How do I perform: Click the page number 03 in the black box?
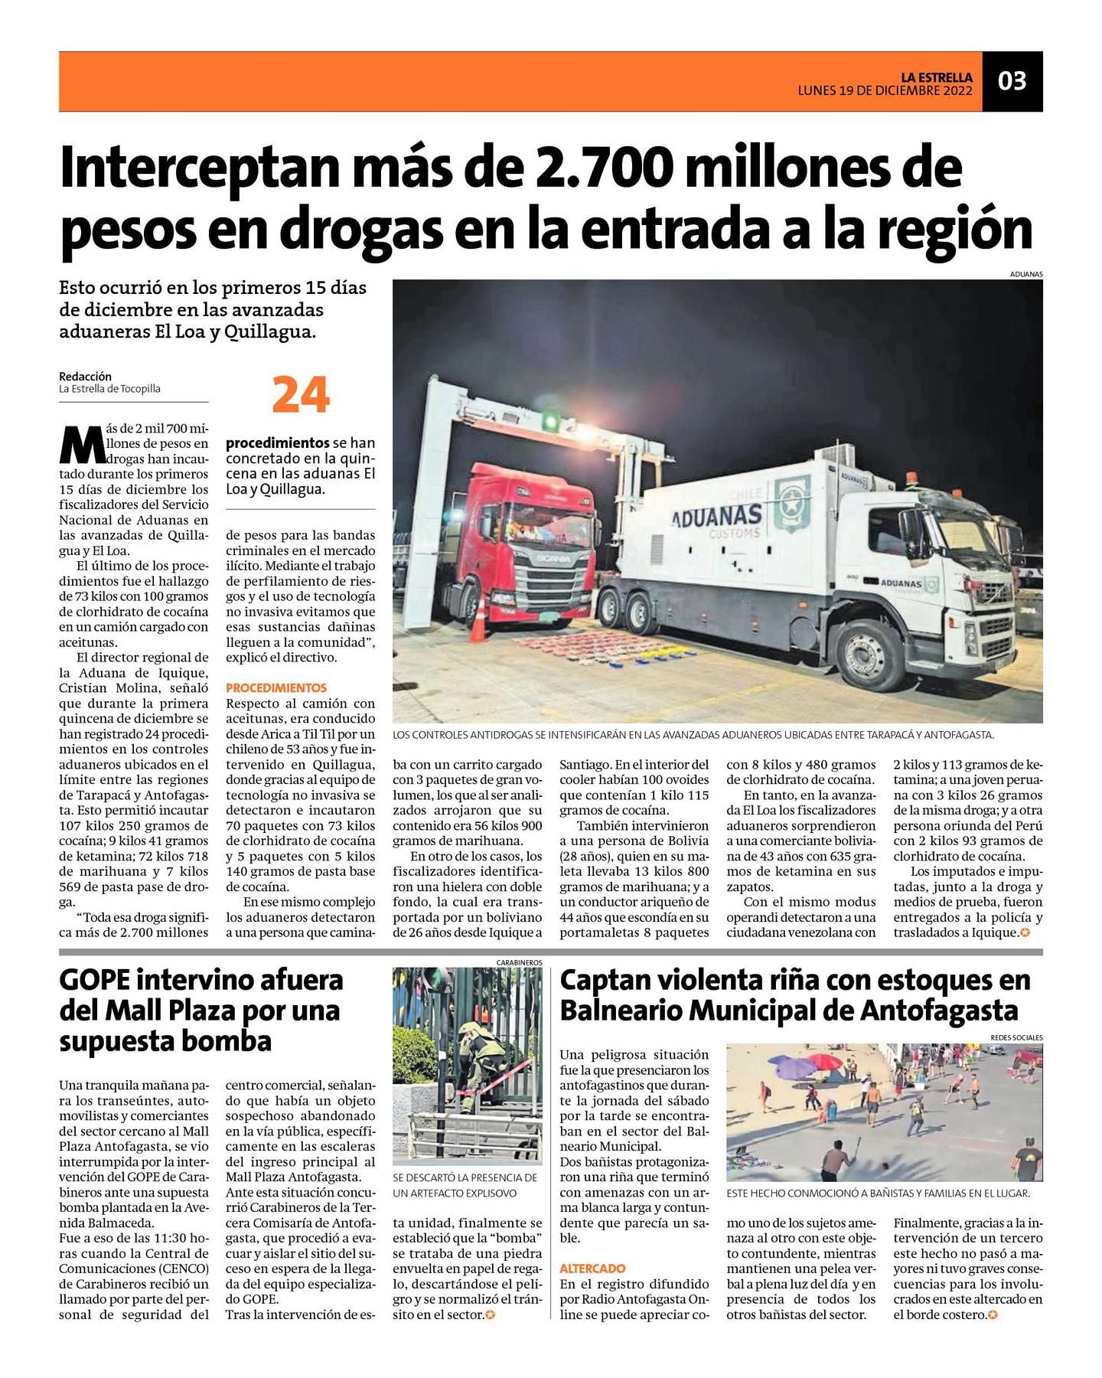[1012, 80]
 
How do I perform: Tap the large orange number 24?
[301, 395]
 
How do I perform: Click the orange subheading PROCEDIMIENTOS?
[276, 687]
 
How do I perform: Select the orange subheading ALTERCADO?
[592, 1269]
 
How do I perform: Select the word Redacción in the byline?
[85, 376]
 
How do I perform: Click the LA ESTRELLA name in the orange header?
[936, 77]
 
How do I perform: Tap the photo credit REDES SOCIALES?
[1016, 1037]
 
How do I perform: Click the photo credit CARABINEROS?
[519, 962]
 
